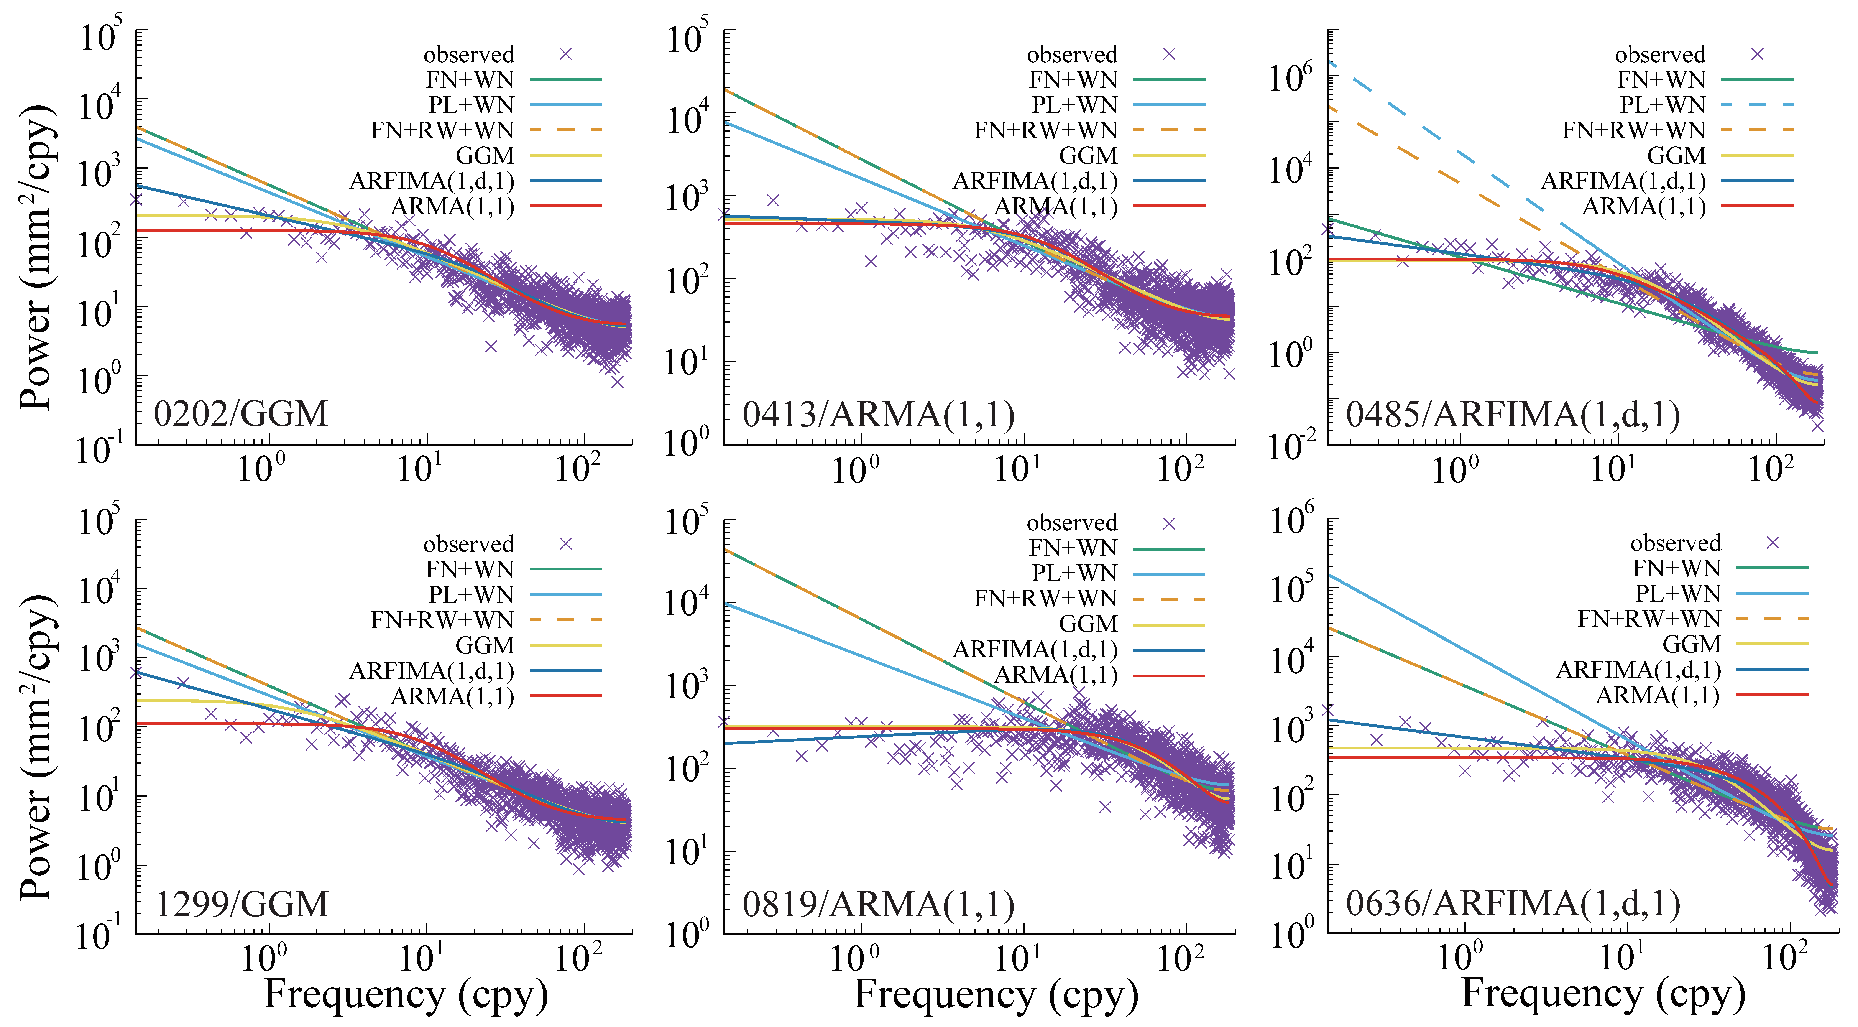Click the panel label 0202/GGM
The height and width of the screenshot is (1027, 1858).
pyautogui.click(x=241, y=414)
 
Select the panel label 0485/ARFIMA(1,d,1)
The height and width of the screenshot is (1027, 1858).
pyautogui.click(x=1513, y=415)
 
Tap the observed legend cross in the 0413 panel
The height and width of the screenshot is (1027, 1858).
pyautogui.click(x=1169, y=54)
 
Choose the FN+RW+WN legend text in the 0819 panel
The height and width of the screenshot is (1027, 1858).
pyautogui.click(x=1045, y=599)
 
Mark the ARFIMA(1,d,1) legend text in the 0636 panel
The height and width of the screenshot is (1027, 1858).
pyautogui.click(x=1638, y=670)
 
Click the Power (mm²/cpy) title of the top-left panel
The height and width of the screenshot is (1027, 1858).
pyautogui.click(x=36, y=256)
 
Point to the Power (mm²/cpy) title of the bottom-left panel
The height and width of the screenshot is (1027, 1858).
pyautogui.click(x=36, y=746)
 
